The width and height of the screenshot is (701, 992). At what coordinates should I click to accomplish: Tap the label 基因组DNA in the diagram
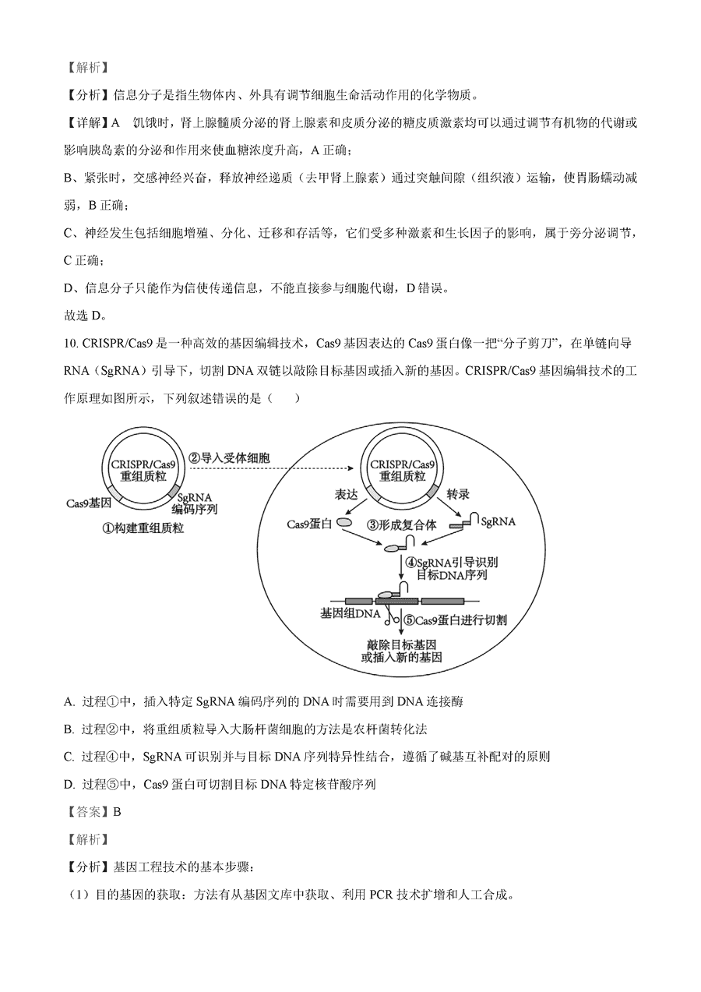coord(350,614)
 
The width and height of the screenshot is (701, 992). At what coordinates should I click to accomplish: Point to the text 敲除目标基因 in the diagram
coord(402,644)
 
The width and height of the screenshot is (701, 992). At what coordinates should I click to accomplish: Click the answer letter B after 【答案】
coord(117,811)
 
